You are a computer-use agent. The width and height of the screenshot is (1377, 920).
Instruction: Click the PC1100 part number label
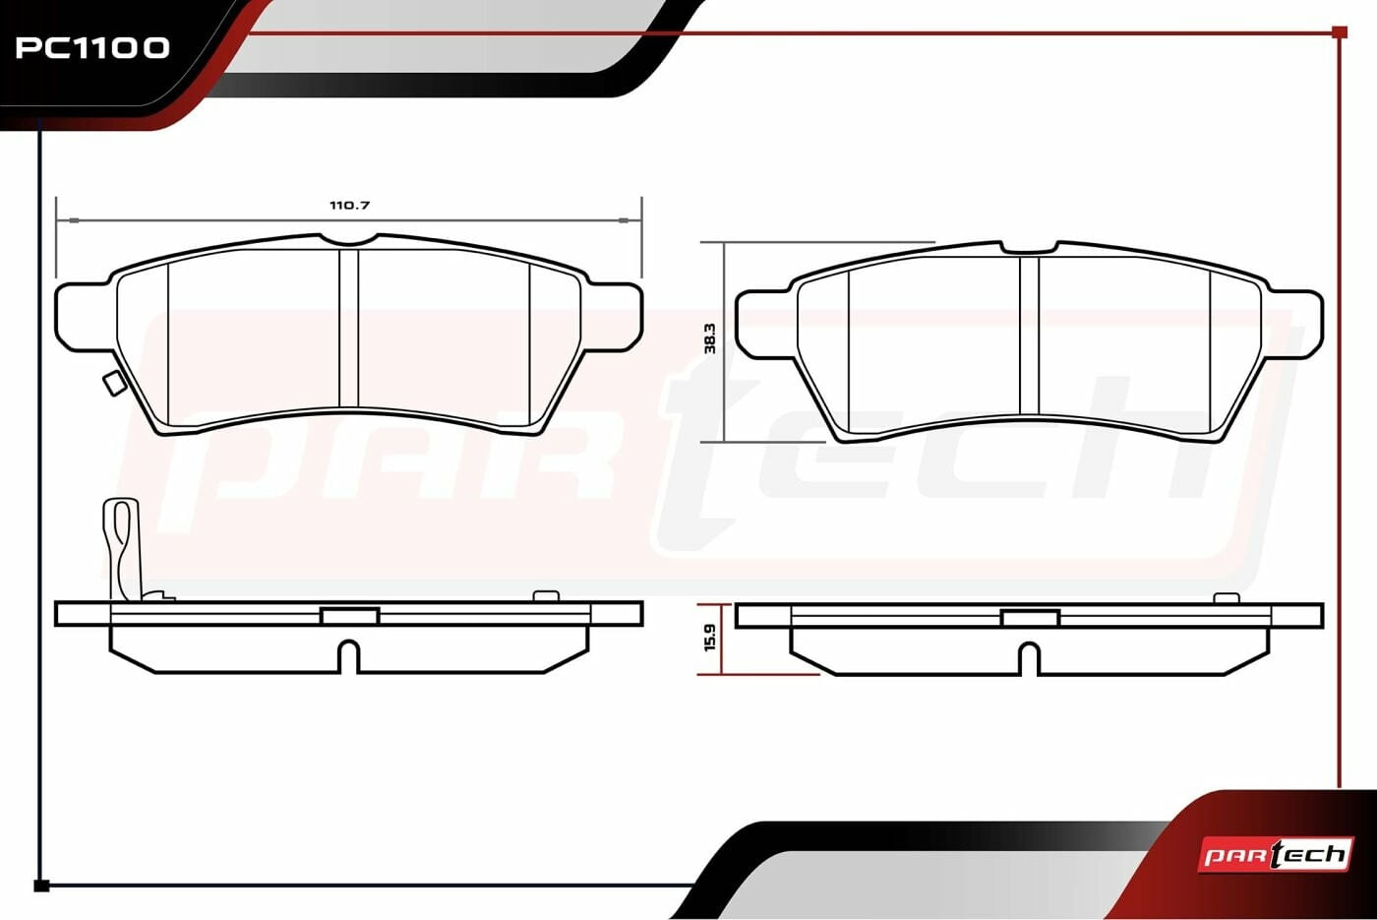point(92,48)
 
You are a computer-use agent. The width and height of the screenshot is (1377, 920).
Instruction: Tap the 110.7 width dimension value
point(350,206)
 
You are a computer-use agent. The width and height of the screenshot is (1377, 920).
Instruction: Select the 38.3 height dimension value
point(710,338)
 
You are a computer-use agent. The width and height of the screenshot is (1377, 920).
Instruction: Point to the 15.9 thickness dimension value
point(710,638)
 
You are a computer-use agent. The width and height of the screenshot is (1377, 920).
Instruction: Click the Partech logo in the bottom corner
point(1276,855)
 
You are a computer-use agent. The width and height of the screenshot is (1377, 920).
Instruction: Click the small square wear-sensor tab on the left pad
point(112,384)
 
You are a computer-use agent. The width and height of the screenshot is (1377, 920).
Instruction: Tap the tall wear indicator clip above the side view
point(122,549)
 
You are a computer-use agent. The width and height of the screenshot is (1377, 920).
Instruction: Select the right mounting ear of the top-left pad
point(613,317)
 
